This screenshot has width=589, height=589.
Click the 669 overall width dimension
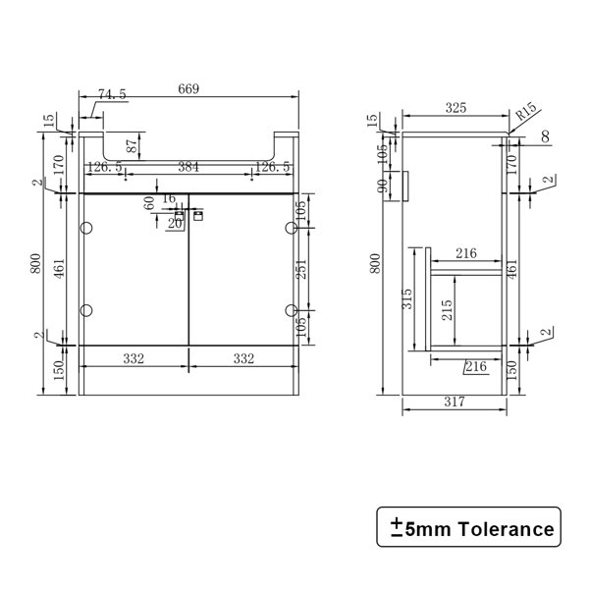pos(188,89)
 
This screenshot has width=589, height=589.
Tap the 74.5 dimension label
pos(112,94)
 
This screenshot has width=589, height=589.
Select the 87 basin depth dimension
pos(132,145)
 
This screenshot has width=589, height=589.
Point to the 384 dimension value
pos(188,167)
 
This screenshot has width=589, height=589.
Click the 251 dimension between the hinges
pos(302,269)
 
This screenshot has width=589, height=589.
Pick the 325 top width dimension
pos(455,108)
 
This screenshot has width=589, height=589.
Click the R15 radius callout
pos(526,112)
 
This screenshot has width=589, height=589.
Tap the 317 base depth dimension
pos(455,402)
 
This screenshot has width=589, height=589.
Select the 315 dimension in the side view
pos(407,298)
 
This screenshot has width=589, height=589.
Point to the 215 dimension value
pos(447,309)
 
